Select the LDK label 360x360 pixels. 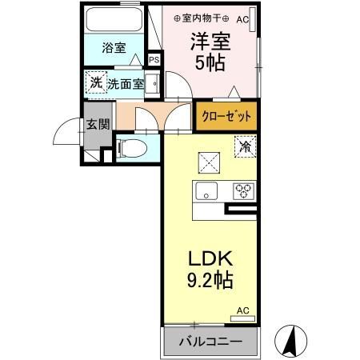210,260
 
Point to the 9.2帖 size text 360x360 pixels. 210,282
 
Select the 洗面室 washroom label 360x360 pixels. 126,82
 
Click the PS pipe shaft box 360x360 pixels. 154,58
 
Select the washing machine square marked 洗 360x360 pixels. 96,82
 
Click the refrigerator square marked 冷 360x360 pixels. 244,146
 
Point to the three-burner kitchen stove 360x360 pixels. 243,191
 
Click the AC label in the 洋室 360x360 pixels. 243,18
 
